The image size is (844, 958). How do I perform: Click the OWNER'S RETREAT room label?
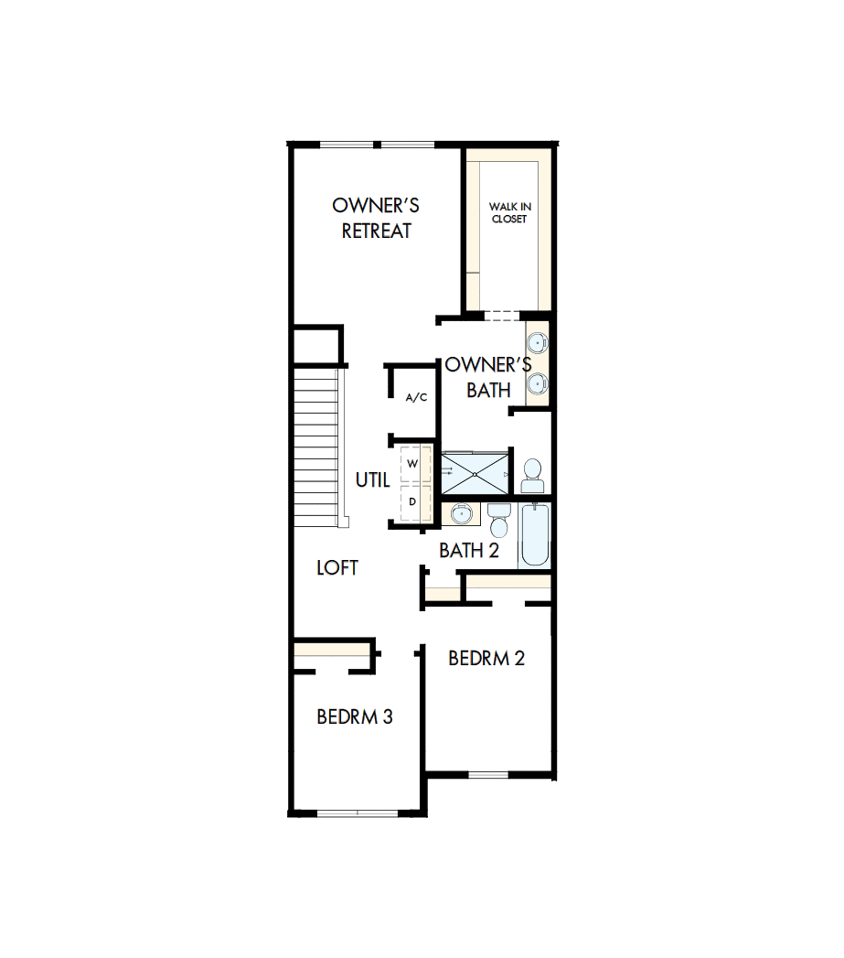[376, 218]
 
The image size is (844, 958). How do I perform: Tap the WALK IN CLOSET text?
[509, 213]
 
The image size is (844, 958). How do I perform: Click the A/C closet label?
[416, 397]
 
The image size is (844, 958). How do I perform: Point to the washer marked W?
[412, 464]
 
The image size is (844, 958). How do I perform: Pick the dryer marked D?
[412, 501]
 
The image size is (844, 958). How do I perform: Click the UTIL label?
[372, 479]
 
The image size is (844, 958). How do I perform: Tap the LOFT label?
[337, 567]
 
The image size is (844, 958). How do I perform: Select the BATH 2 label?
[469, 550]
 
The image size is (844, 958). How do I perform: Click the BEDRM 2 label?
[486, 658]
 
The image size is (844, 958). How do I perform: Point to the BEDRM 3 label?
[355, 716]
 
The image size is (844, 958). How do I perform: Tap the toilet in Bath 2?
[498, 522]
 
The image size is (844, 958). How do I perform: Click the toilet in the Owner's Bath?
[532, 474]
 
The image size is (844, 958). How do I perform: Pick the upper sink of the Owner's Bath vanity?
[539, 344]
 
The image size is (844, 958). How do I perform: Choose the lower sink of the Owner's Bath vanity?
[539, 384]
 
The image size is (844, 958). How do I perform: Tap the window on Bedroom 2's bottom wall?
[487, 775]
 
